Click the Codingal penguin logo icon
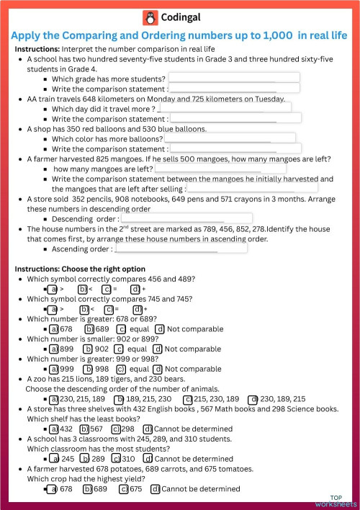(150, 17)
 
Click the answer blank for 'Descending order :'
(186, 218)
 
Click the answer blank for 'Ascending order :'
(181, 249)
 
